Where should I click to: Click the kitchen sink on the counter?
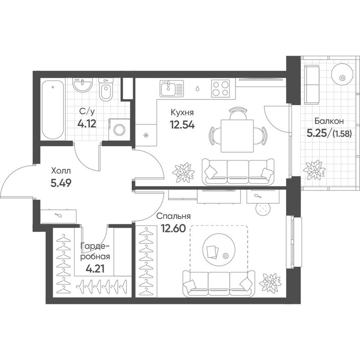tap(171, 88)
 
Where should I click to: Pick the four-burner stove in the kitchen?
tap(220, 88)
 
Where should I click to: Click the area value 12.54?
tap(182, 124)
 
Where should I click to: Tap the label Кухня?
tap(182, 112)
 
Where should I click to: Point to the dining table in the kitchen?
tap(237, 135)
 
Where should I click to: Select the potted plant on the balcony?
tap(314, 169)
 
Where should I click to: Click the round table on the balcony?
tap(341, 76)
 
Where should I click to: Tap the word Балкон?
tap(329, 121)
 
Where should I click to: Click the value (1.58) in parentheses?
tap(342, 133)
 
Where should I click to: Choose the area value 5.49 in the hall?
tap(61, 183)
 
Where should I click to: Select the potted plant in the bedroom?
tap(270, 283)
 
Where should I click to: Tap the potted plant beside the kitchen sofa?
tap(183, 172)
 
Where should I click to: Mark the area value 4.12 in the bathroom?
tap(87, 123)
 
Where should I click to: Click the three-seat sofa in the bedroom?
tap(218, 283)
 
